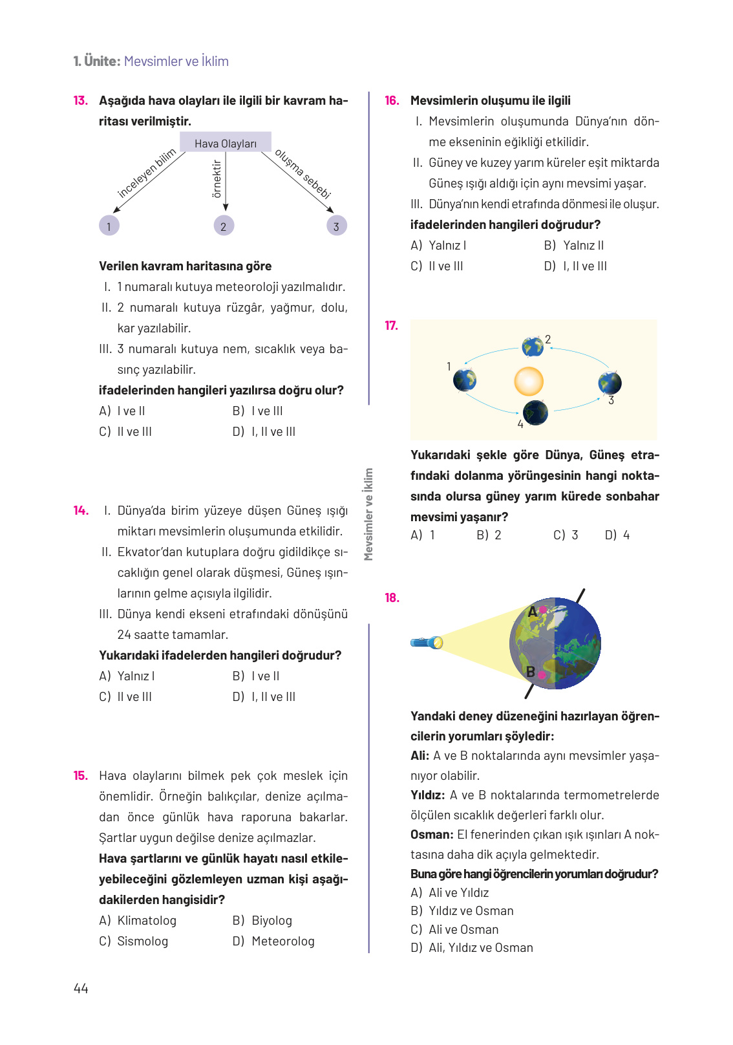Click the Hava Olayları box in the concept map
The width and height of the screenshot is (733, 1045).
coord(225,143)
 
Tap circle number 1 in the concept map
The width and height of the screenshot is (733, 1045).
coord(109,226)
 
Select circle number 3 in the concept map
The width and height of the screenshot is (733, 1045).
coord(336,226)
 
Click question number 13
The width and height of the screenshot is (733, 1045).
coord(80,101)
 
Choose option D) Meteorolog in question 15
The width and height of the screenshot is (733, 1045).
coord(274,942)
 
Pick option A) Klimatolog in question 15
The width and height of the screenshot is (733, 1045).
coord(138,921)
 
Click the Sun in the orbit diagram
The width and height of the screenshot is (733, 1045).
coord(529,382)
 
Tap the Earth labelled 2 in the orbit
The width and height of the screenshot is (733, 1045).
coord(533,347)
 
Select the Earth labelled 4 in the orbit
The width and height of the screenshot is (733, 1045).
coord(535,413)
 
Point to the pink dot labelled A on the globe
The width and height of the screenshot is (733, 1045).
coord(543,610)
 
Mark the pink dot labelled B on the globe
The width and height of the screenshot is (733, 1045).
coord(542,675)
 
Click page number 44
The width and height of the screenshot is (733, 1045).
coord(81,989)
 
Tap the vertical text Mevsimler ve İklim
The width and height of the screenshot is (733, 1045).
coord(368,515)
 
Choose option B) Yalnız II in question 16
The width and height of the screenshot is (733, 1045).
coord(574,246)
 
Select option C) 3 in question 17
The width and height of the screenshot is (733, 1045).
coord(566,535)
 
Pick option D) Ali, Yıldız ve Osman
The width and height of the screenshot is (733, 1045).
coord(472,948)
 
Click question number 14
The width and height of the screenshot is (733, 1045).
coord(81,511)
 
